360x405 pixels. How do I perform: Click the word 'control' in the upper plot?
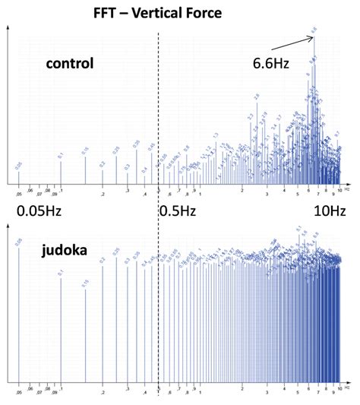click(x=68, y=63)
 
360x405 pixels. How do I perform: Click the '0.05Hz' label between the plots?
click(x=39, y=210)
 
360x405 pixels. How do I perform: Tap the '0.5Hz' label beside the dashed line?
click(x=179, y=210)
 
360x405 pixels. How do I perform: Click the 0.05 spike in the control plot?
click(x=19, y=176)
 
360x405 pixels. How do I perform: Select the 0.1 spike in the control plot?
click(x=61, y=172)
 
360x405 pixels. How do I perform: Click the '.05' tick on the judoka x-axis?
click(x=19, y=394)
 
